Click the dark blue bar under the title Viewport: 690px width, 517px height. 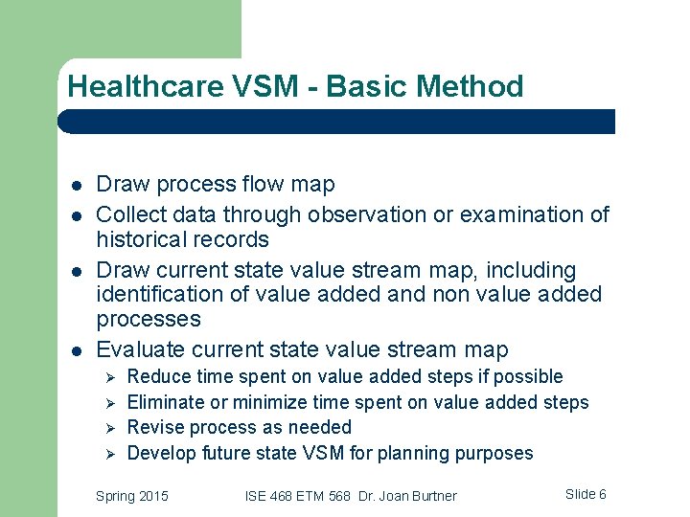point(335,122)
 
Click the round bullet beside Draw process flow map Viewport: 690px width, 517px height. point(75,185)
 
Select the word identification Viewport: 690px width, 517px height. point(157,295)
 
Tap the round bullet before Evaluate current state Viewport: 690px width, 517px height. point(75,350)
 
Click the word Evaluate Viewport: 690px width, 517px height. point(141,350)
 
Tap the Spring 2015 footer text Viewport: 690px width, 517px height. point(132,496)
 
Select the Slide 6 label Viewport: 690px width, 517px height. point(586,495)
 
